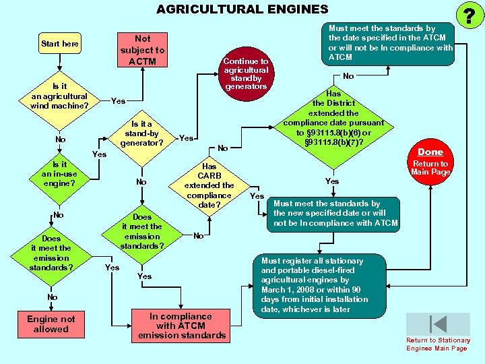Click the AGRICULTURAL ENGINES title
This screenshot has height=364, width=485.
click(242, 9)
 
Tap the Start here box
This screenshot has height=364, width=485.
click(60, 44)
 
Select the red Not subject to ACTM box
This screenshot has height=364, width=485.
click(142, 50)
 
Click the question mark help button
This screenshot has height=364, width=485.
click(465, 14)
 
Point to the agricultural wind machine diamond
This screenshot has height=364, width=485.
click(59, 96)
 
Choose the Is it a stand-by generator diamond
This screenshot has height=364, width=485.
click(141, 133)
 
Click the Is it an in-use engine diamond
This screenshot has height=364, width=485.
click(59, 174)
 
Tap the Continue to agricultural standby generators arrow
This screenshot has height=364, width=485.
click(247, 73)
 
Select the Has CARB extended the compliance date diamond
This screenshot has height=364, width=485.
click(209, 185)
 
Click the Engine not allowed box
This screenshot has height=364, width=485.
click(51, 324)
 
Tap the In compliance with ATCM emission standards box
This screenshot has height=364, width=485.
click(181, 326)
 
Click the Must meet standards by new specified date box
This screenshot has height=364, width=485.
click(334, 213)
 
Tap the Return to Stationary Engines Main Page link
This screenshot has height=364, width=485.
click(438, 344)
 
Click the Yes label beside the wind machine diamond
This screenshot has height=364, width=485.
click(118, 101)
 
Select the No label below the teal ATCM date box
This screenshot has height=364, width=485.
click(348, 76)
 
